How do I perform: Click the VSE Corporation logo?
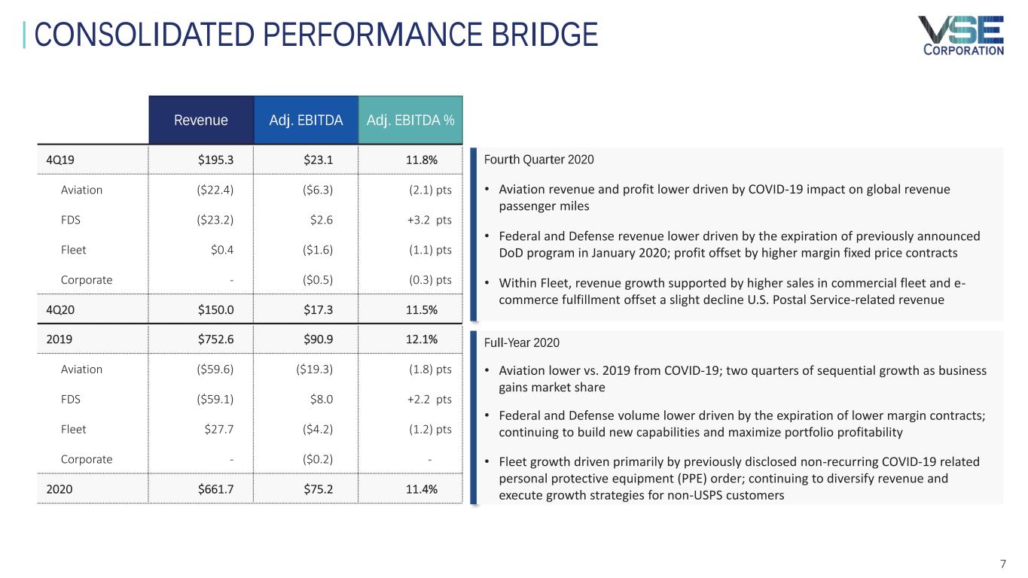[x=960, y=35]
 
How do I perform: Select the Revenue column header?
[x=200, y=120]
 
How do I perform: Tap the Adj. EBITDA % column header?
[x=410, y=120]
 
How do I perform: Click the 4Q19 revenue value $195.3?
[x=215, y=160]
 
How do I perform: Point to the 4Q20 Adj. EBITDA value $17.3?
[x=318, y=309]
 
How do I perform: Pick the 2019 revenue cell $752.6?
[x=215, y=339]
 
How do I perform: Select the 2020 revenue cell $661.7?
[x=215, y=488]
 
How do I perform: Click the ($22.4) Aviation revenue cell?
[x=214, y=190]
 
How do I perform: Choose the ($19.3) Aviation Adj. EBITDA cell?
[x=315, y=369]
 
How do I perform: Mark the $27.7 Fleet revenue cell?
[x=219, y=429]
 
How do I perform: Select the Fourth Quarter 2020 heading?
[x=538, y=160]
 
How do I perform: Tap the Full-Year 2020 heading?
[x=521, y=343]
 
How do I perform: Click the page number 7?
[x=1002, y=564]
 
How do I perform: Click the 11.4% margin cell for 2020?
[x=421, y=488]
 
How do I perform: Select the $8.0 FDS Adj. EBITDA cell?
[x=321, y=399]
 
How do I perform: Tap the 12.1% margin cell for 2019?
[x=421, y=339]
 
